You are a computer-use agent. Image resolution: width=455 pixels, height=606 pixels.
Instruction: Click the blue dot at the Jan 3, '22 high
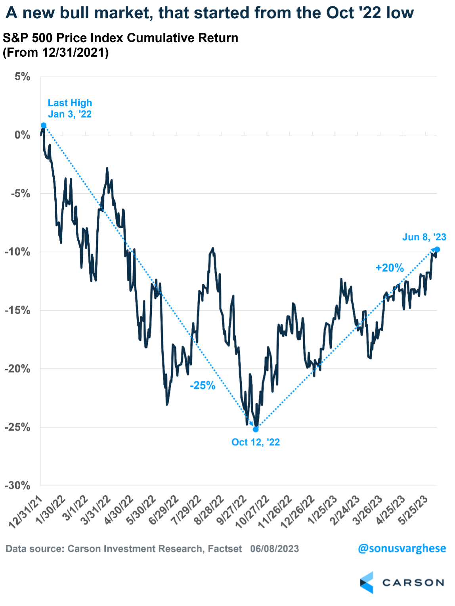tap(44, 125)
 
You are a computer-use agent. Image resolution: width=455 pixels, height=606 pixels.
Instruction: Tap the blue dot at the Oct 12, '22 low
tap(256, 429)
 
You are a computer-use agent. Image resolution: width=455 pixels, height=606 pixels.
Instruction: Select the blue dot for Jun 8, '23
tap(437, 249)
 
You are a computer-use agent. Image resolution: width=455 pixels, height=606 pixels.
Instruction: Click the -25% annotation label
tap(203, 385)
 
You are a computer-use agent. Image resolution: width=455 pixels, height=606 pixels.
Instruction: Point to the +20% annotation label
tap(390, 268)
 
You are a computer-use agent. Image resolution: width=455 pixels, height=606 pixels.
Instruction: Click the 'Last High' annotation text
tap(70, 103)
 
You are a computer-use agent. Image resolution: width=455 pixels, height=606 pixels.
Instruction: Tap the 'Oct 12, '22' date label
tap(256, 442)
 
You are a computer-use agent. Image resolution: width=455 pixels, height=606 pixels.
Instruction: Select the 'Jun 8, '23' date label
tap(424, 237)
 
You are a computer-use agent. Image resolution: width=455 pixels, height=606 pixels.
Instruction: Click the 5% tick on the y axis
tap(23, 77)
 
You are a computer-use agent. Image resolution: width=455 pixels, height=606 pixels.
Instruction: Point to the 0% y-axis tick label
tap(23, 135)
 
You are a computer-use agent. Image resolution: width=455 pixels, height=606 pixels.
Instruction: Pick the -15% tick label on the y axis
tap(18, 310)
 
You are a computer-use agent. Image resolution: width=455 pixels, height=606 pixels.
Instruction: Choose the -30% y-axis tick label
tap(18, 485)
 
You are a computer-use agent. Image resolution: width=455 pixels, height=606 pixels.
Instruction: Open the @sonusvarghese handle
tap(401, 548)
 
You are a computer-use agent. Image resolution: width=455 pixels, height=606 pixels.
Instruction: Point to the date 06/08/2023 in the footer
tap(274, 549)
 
